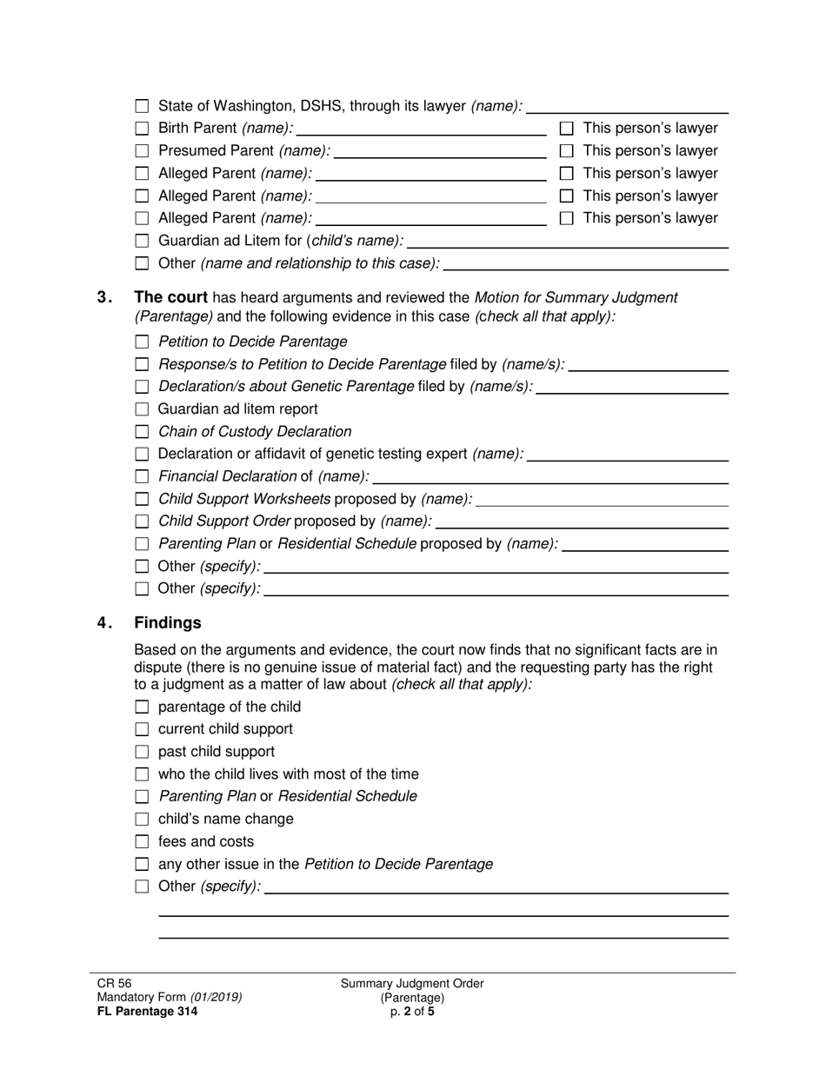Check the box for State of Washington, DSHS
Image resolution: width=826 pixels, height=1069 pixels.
click(142, 106)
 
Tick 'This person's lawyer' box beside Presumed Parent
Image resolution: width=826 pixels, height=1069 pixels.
click(567, 151)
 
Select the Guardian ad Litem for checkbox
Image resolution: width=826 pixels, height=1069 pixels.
click(142, 241)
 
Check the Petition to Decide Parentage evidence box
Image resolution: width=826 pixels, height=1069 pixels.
click(142, 342)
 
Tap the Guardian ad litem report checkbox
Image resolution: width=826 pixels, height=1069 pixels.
click(142, 409)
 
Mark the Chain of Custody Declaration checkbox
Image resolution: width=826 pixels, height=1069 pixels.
click(142, 432)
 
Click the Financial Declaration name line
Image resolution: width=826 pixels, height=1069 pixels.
click(550, 476)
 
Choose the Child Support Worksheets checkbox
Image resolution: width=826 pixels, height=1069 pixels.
click(142, 499)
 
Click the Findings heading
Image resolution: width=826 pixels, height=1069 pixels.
click(168, 623)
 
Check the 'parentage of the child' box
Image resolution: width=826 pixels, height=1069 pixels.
click(142, 707)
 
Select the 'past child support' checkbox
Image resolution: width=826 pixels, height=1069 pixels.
click(142, 752)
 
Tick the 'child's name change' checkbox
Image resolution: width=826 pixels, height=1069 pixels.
click(142, 820)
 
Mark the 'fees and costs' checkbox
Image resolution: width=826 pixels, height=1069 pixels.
click(142, 842)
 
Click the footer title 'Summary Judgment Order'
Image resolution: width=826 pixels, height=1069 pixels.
click(412, 984)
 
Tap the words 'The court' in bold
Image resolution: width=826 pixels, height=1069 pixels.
click(170, 297)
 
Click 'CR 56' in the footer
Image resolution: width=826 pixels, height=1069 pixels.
click(114, 984)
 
